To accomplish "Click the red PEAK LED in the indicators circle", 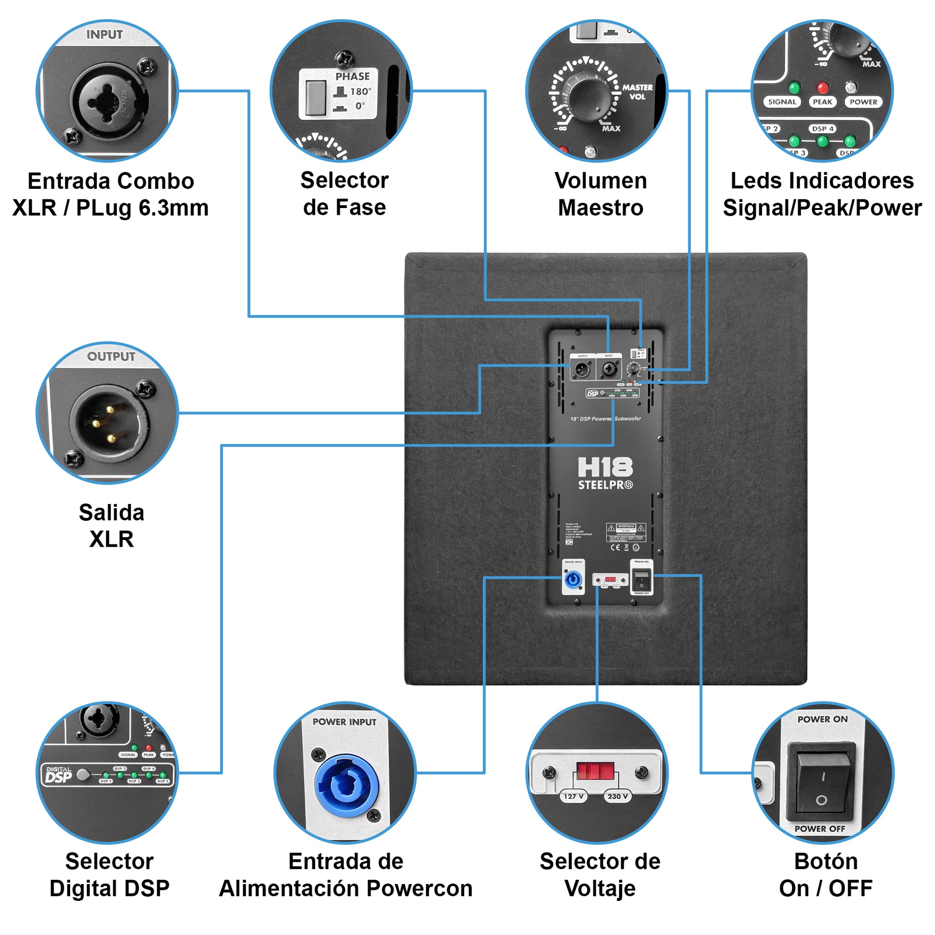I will pos(822,87).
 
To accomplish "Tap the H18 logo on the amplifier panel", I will pos(605,467).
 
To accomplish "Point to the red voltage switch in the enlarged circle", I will pos(595,771).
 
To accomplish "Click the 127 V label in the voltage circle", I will pos(574,796).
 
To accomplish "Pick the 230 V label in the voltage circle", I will pos(617,796).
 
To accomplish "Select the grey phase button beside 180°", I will pos(316,98).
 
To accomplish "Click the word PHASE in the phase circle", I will pos(352,76).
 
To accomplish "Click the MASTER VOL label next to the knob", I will pos(638,92).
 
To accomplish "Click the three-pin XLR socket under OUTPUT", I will pos(109,424).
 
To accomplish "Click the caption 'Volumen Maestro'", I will pos(601,194).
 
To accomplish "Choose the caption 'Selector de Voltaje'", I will pos(600,875).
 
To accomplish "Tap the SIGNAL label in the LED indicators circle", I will pos(782,102).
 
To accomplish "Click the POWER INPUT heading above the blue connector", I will pos(344,722).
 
